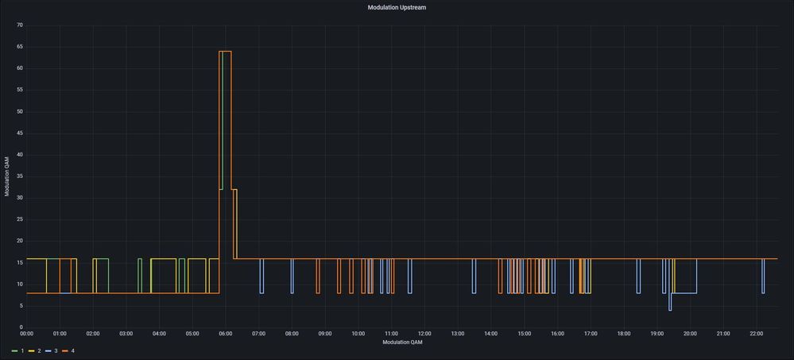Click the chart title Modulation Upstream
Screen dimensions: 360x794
397,7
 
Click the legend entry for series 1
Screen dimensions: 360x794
17,350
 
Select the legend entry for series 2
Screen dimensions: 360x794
35,350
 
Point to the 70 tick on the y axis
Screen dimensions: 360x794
19,25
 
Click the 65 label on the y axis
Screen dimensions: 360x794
19,47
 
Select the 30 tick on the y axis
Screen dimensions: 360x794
19,198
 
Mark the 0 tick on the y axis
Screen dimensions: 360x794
21,327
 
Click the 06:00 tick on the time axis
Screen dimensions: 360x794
225,334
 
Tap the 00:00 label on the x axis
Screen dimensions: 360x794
26,334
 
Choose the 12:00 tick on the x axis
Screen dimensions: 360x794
424,334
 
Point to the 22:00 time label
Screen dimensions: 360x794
756,334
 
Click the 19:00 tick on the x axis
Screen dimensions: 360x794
657,334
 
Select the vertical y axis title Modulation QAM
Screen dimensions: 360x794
7,176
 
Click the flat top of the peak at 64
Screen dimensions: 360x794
225,52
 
